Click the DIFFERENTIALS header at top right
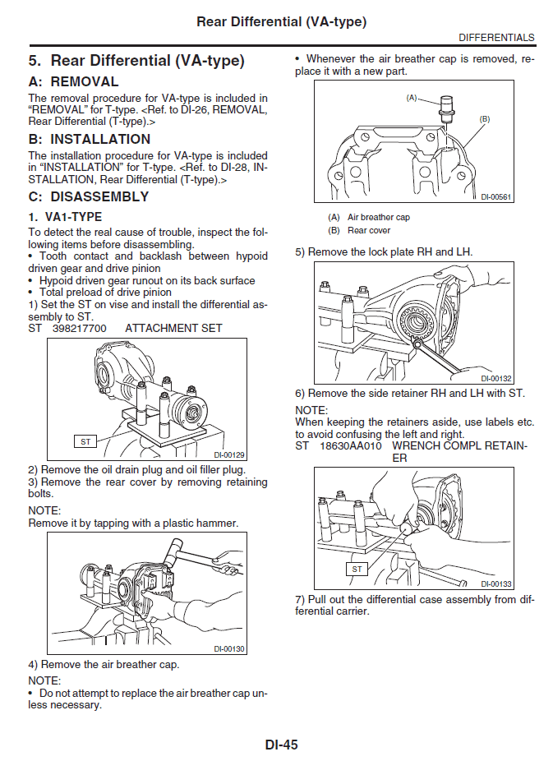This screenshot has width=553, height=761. pyautogui.click(x=496, y=38)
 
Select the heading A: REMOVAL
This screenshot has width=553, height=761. pyautogui.click(x=73, y=81)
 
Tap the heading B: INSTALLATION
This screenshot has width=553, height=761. pyautogui.click(x=89, y=139)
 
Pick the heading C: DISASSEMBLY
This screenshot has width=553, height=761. pyautogui.click(x=89, y=196)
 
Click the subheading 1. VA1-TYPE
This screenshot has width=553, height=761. pyautogui.click(x=65, y=217)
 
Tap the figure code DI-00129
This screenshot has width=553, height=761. pyautogui.click(x=229, y=454)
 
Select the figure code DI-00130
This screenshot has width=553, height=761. pyautogui.click(x=229, y=648)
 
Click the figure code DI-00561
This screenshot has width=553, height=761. pyautogui.click(x=496, y=196)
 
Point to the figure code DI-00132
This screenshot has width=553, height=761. pyautogui.click(x=496, y=378)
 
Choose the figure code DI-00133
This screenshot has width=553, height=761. pyautogui.click(x=496, y=583)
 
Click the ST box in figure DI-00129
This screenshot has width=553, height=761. pyautogui.click(x=85, y=441)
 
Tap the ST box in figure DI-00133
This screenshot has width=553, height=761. pyautogui.click(x=357, y=569)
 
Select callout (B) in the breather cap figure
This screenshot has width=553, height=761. pyautogui.click(x=484, y=119)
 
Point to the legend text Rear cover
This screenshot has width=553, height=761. pyautogui.click(x=369, y=231)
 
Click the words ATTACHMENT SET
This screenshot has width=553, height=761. pyautogui.click(x=173, y=328)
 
